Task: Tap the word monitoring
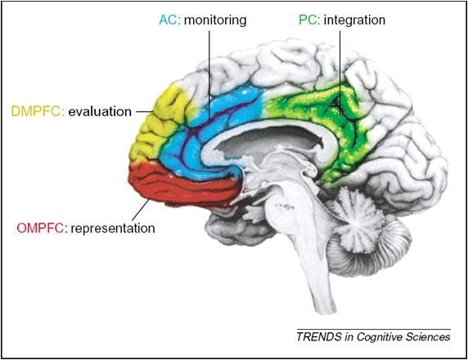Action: pyautogui.click(x=215, y=20)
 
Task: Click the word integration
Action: pyautogui.click(x=354, y=20)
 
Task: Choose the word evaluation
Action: pyautogui.click(x=100, y=111)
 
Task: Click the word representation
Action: pyautogui.click(x=113, y=229)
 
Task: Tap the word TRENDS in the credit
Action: pyautogui.click(x=319, y=337)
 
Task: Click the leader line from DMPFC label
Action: pyautogui.click(x=145, y=111)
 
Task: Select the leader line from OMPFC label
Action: pyautogui.click(x=141, y=209)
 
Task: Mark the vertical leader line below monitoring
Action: pyautogui.click(x=209, y=75)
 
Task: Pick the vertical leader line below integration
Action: pyautogui.click(x=340, y=73)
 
